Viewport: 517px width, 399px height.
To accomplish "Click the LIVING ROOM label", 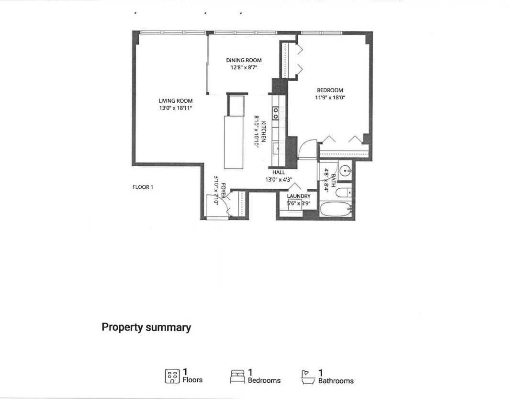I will point(175,101).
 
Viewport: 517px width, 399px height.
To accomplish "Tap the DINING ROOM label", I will point(244,60).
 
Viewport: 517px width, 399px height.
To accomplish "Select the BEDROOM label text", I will point(330,90).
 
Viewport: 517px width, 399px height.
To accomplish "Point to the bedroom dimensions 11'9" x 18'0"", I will point(330,97).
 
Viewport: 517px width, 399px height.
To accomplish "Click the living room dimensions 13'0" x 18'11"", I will point(175,108).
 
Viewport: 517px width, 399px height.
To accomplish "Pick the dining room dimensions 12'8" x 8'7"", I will point(244,67).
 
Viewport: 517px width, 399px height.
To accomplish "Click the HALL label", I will point(279,173).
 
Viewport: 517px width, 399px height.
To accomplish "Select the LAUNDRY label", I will point(299,196).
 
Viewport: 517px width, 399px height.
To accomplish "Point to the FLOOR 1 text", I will point(143,187).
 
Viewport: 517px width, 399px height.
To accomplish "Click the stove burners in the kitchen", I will point(276,113).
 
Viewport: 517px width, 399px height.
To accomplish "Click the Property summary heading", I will point(146,328).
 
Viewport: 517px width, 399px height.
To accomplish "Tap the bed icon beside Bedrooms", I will point(237,377).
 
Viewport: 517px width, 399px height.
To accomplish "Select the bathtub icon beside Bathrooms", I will point(308,377).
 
